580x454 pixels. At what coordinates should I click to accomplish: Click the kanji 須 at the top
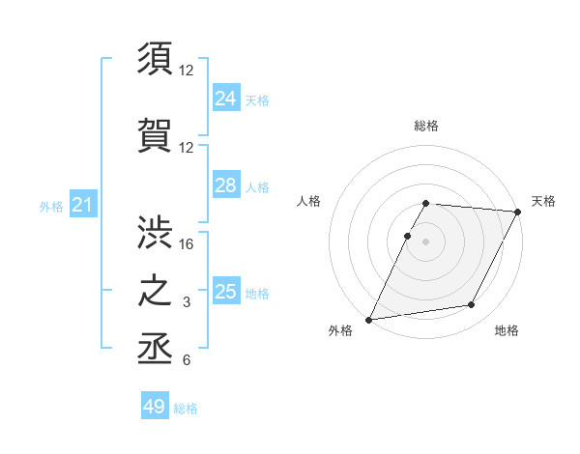156,59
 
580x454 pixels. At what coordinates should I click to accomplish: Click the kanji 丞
156,347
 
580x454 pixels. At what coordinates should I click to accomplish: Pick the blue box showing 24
225,98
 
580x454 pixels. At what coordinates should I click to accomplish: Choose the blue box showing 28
225,185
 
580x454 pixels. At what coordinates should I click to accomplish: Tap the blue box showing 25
225,291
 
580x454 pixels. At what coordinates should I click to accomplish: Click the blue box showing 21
82,205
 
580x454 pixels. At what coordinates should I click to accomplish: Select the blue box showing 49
155,407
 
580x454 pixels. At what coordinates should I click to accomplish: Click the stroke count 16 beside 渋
187,243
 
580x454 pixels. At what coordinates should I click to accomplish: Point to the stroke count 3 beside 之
187,302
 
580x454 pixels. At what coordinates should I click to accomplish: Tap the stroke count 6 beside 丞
187,360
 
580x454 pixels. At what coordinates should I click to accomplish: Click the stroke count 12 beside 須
187,71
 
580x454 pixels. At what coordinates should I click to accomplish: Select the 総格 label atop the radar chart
426,126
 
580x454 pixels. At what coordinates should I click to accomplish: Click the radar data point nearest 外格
369,320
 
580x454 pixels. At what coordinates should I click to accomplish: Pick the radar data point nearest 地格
472,305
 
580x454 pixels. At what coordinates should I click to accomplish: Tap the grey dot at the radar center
425,242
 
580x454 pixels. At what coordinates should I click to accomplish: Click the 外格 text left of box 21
50,206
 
